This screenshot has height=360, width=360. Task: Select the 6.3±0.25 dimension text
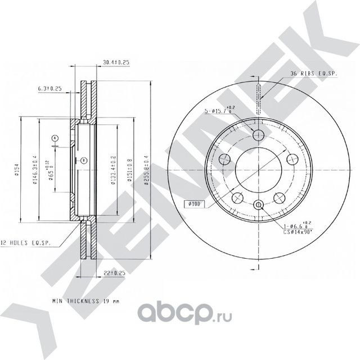(49, 88)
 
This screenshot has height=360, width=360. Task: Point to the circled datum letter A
(55, 138)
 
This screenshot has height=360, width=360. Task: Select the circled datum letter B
(83, 161)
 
